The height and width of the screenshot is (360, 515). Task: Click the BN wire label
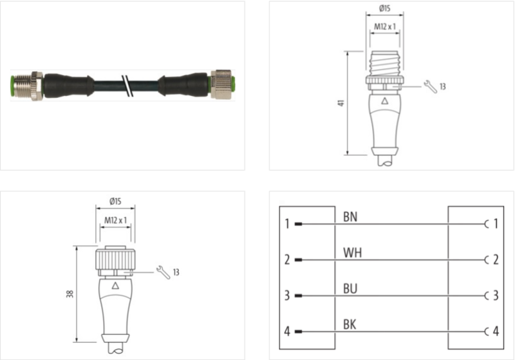pyautogui.click(x=350, y=217)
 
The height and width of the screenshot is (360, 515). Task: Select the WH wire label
pyautogui.click(x=352, y=253)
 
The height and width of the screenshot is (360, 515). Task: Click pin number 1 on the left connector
pyautogui.click(x=286, y=224)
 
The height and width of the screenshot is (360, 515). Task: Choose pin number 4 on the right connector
pyautogui.click(x=495, y=332)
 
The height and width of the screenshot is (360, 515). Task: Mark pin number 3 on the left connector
pyautogui.click(x=286, y=296)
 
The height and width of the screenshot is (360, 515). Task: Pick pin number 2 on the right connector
pyautogui.click(x=495, y=260)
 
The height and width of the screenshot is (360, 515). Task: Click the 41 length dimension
pyautogui.click(x=339, y=103)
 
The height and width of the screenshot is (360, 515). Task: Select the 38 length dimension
pyautogui.click(x=70, y=294)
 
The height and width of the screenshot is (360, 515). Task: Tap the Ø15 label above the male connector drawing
pyautogui.click(x=384, y=9)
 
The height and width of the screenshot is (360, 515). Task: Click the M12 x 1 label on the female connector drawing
pyautogui.click(x=115, y=220)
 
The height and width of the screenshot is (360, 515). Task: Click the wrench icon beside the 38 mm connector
pyautogui.click(x=164, y=272)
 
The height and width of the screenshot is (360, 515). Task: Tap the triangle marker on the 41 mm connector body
pyautogui.click(x=384, y=101)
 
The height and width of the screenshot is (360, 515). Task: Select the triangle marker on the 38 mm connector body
pyautogui.click(x=115, y=284)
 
